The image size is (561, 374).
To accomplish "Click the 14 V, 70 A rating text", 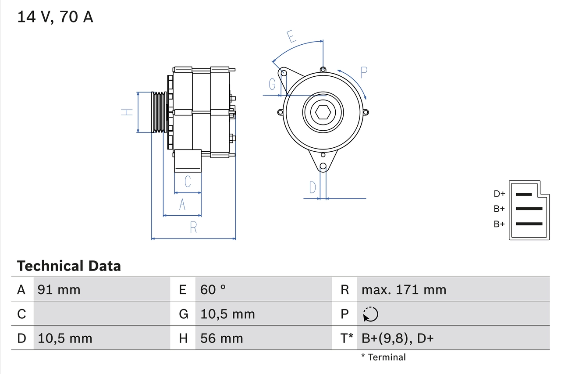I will [55, 17].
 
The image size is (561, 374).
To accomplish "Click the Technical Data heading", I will [69, 266].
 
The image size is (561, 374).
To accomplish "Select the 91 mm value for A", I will [59, 290].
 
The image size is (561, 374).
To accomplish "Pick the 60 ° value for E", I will [213, 290].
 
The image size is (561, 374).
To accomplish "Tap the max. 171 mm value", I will [404, 290].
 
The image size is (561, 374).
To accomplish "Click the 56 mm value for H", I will [221, 338].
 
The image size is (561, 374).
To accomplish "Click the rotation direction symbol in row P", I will [370, 314].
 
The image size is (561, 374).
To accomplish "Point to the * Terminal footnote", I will [383, 357].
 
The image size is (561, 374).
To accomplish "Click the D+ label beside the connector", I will [499, 194].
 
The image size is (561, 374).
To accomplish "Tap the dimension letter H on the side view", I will [127, 112].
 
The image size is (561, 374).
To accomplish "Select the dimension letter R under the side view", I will [193, 228].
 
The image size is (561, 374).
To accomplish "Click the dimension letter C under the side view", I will [188, 181].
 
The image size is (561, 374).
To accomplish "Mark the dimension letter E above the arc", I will [291, 37].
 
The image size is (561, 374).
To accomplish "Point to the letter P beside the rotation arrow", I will [364, 72].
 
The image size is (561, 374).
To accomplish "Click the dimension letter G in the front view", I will [272, 83].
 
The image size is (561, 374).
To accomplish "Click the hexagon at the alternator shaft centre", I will [323, 112].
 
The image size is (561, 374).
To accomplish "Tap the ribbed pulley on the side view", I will [159, 112].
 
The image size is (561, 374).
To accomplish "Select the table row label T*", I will [347, 338].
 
